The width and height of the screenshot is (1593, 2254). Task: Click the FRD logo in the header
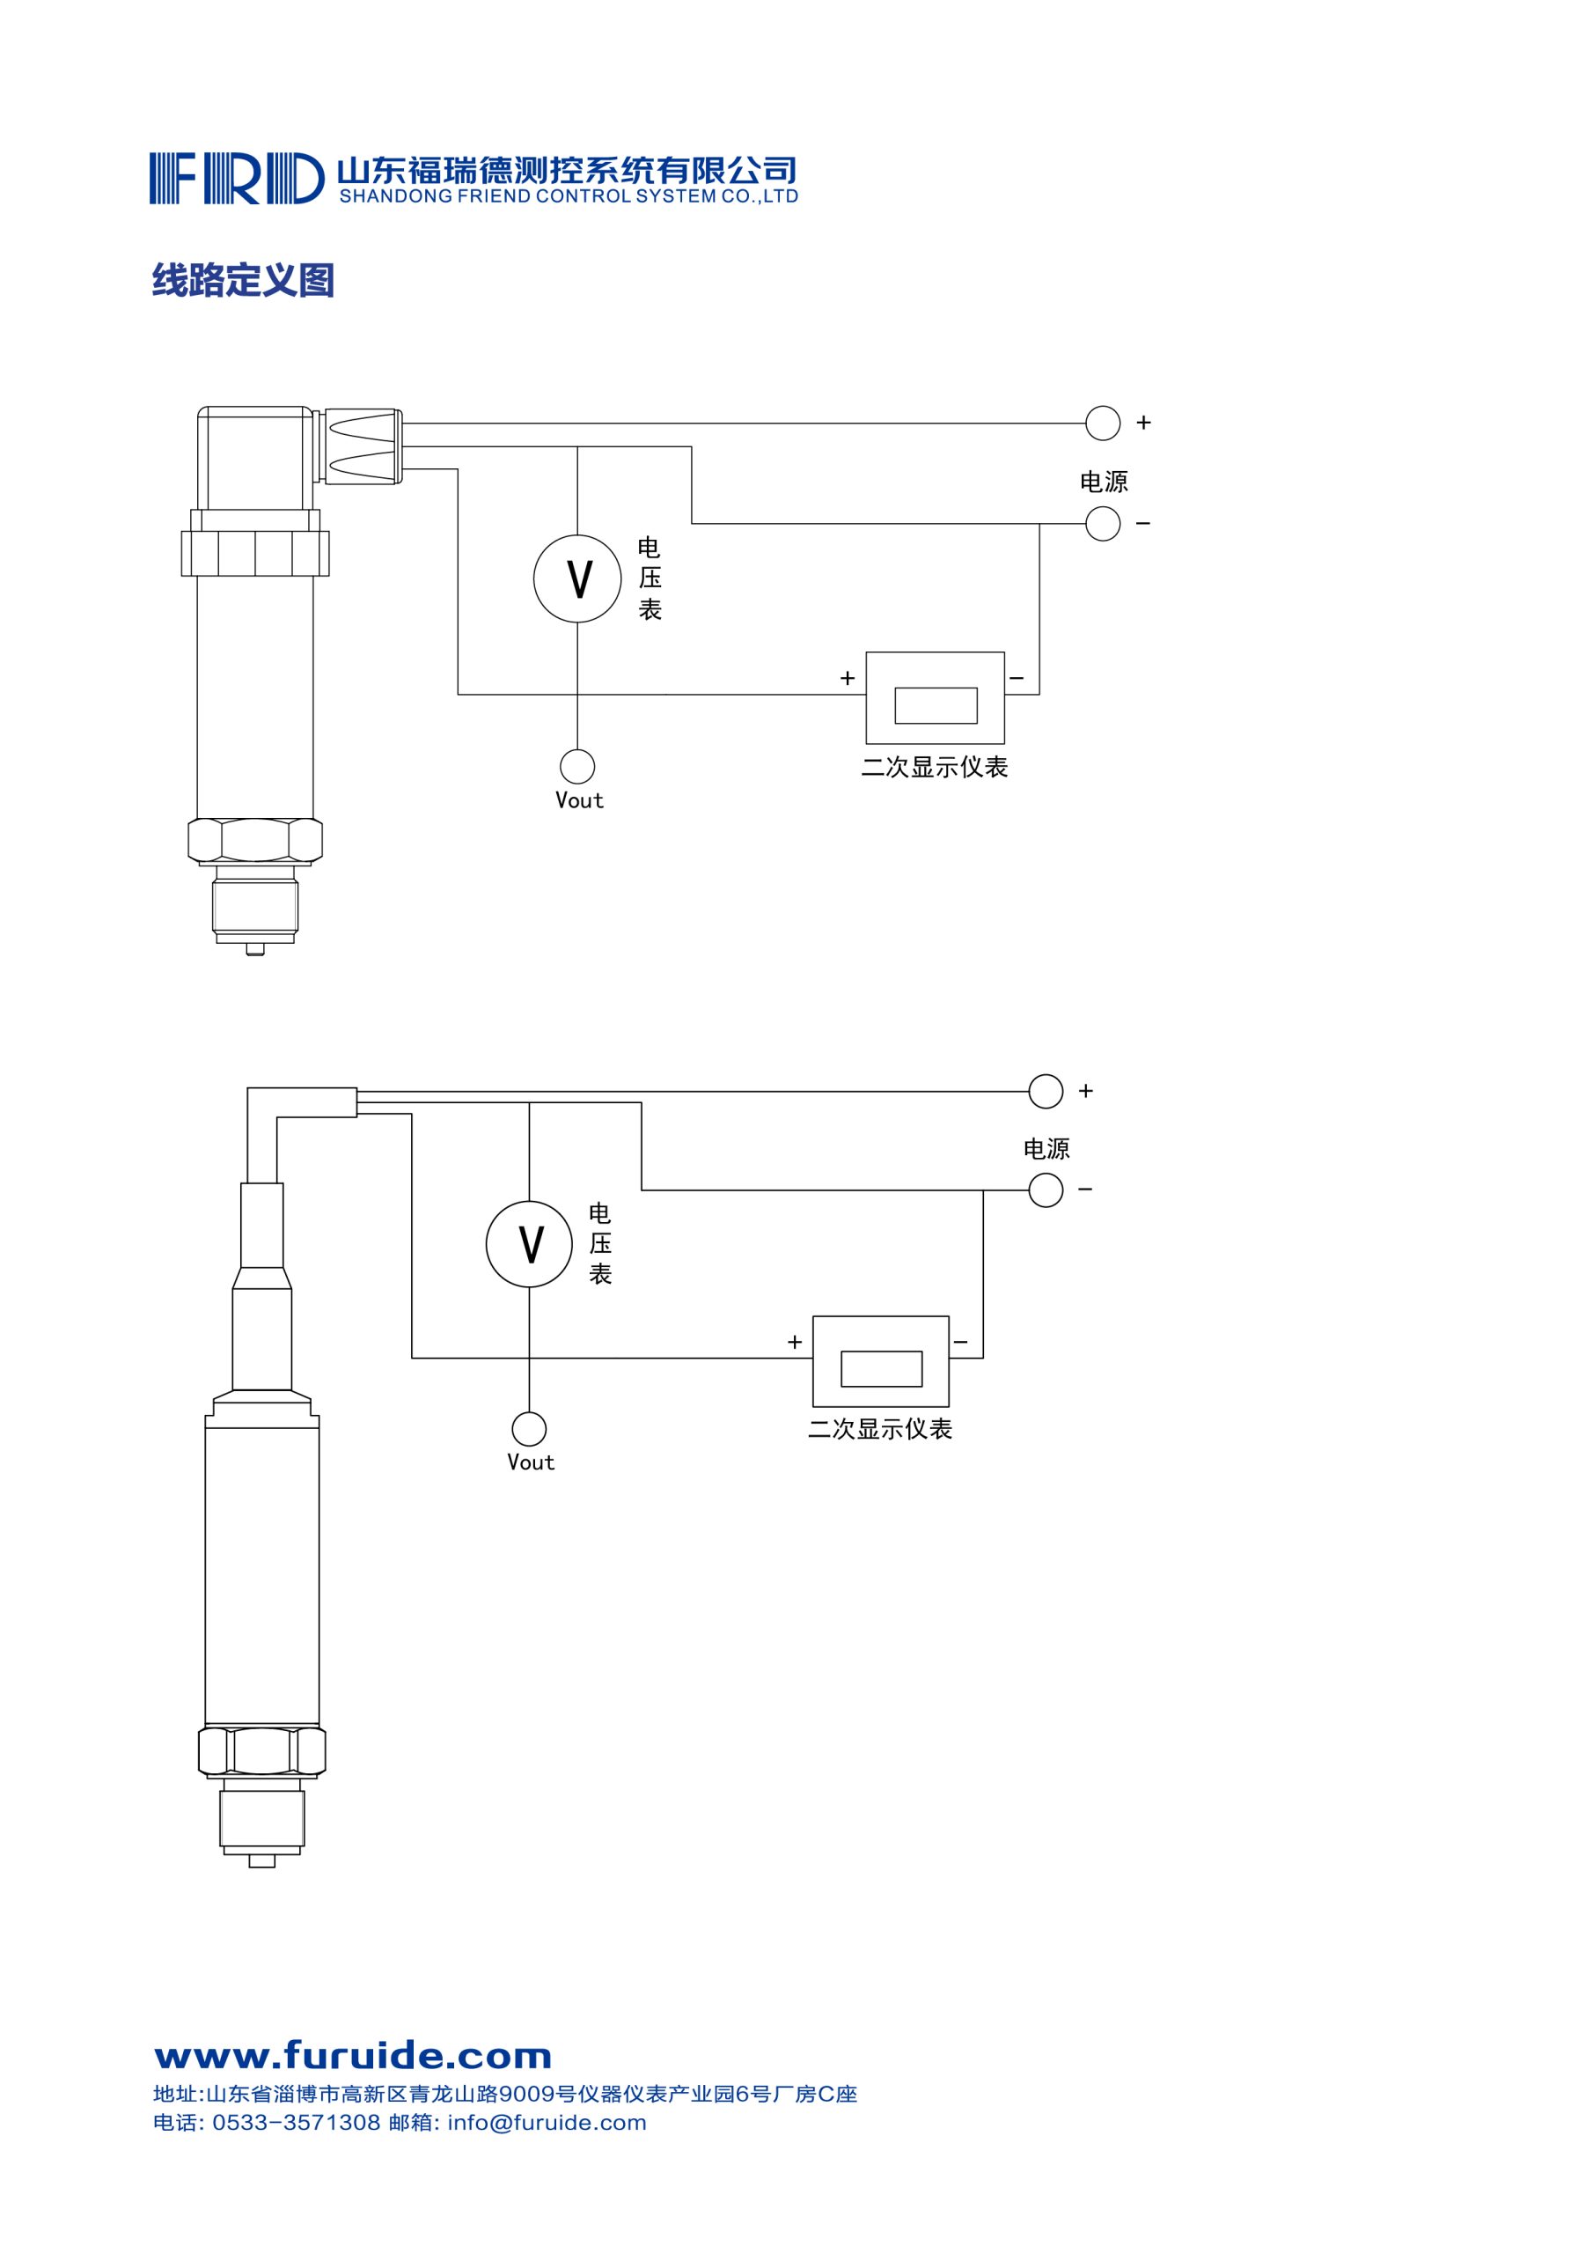[237, 178]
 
